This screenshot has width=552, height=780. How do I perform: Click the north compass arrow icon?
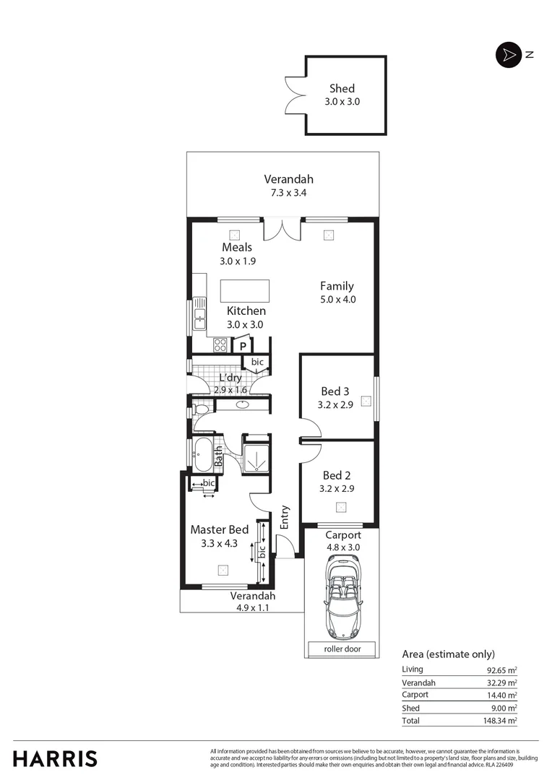pos(509,55)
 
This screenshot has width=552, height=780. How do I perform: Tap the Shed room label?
pos(342,89)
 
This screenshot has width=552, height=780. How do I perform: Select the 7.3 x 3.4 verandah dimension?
pos(288,192)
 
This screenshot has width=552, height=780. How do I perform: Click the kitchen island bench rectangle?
pos(245,291)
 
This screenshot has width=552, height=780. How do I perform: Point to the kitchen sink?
pos(199,317)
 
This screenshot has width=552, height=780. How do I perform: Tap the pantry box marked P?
pos(243,346)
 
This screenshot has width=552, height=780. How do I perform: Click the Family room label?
pos(337,286)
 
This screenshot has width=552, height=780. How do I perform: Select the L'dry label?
pos(230,378)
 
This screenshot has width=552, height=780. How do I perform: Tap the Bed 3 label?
pos(335,391)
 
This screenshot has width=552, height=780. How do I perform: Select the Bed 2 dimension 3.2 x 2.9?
pos(336,488)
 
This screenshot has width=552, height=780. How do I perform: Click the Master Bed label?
pos(219,529)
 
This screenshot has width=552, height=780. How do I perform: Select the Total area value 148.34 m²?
pos(501,720)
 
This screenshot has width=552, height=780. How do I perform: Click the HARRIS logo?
pos(55,759)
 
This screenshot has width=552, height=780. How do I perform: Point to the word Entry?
pos(285,517)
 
